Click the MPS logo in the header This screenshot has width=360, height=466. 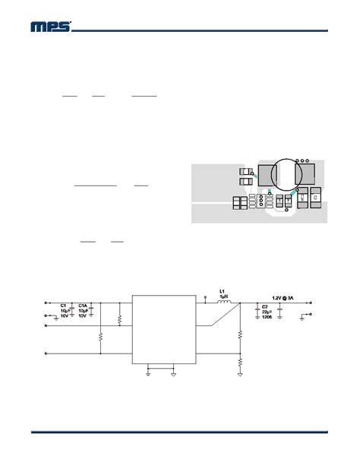point(51,27)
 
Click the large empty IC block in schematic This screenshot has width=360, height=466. point(163,329)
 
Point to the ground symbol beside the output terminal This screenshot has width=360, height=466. point(303,320)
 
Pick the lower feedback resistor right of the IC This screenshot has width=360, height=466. point(241,363)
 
